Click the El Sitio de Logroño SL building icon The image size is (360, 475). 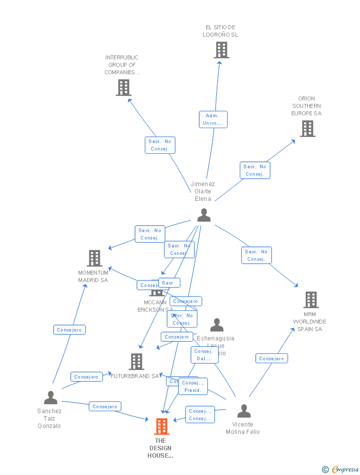point(221,50)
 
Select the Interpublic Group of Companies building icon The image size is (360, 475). point(123,88)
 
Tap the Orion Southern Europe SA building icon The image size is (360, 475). point(308,129)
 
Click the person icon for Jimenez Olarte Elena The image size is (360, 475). point(204,215)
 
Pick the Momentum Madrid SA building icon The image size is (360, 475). point(94,258)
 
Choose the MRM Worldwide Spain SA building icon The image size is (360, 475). point(311,300)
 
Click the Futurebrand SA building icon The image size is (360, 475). point(136,362)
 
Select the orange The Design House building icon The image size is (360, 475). point(162,427)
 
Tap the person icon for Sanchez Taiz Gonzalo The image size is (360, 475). point(50,398)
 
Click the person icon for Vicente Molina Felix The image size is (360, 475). point(244,411)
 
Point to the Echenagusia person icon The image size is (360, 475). point(217,325)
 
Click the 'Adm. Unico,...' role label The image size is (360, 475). point(213,119)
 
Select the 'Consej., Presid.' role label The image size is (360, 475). point(193,386)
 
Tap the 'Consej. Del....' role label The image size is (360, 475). point(204,355)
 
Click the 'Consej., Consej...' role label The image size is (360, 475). point(200,415)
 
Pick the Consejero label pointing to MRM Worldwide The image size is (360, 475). point(271,358)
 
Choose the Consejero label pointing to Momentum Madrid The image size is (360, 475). point(69,330)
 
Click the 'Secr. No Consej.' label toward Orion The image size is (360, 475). point(255,170)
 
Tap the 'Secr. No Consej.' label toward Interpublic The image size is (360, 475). point(160,145)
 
